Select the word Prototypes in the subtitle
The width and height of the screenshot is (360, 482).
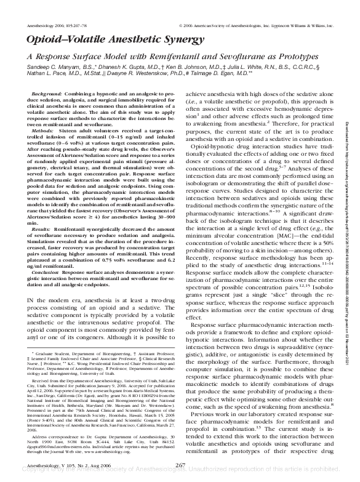(x=294, y=56)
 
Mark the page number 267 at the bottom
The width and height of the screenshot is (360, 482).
(x=181, y=465)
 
